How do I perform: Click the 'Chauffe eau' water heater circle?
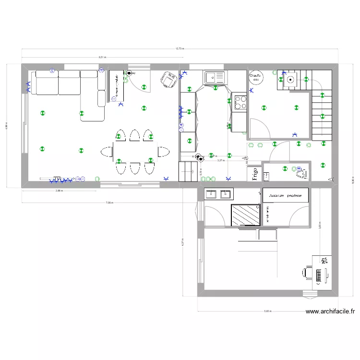click(255, 77)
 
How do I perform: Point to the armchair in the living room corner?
click(168, 80)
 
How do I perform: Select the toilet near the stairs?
click(301, 172)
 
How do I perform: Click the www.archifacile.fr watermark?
click(330, 312)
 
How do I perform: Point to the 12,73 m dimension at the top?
click(180, 48)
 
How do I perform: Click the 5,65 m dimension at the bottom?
click(267, 311)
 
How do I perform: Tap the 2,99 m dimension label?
click(59, 191)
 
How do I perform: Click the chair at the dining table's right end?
click(164, 152)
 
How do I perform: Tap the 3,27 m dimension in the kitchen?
click(221, 161)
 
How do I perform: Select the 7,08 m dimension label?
click(109, 203)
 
